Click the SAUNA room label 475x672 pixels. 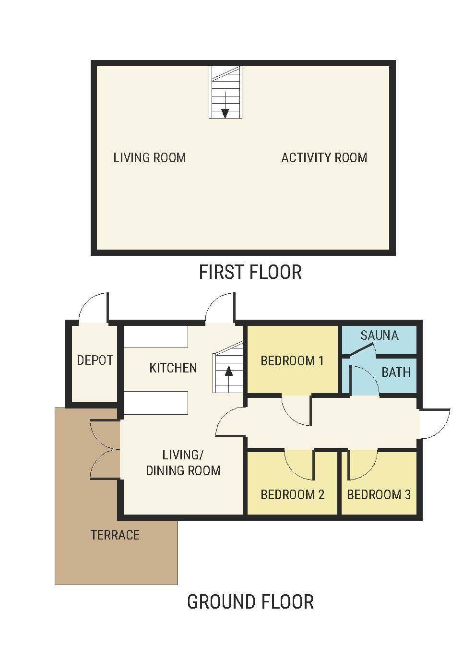coord(380,336)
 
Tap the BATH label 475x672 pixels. coord(396,372)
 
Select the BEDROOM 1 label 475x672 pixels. coord(292,360)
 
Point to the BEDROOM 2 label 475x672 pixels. coord(292,494)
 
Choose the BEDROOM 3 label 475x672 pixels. coord(379,494)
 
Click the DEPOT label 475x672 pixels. coord(95,360)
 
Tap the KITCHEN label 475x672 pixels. coord(173,368)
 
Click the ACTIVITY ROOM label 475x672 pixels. coord(324,158)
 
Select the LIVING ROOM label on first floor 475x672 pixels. coord(150,158)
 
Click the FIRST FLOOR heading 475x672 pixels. coord(250,272)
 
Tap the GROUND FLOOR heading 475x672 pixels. coord(250,602)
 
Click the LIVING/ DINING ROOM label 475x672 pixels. coord(183,463)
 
